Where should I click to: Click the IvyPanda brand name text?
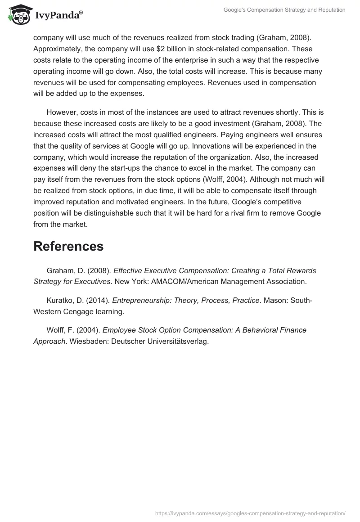click(x=56, y=16)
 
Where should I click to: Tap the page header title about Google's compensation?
click(x=284, y=10)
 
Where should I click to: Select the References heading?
click(x=68, y=246)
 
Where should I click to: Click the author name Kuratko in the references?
click(x=60, y=300)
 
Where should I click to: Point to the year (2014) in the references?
click(x=99, y=300)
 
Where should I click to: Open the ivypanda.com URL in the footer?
click(x=250, y=513)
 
